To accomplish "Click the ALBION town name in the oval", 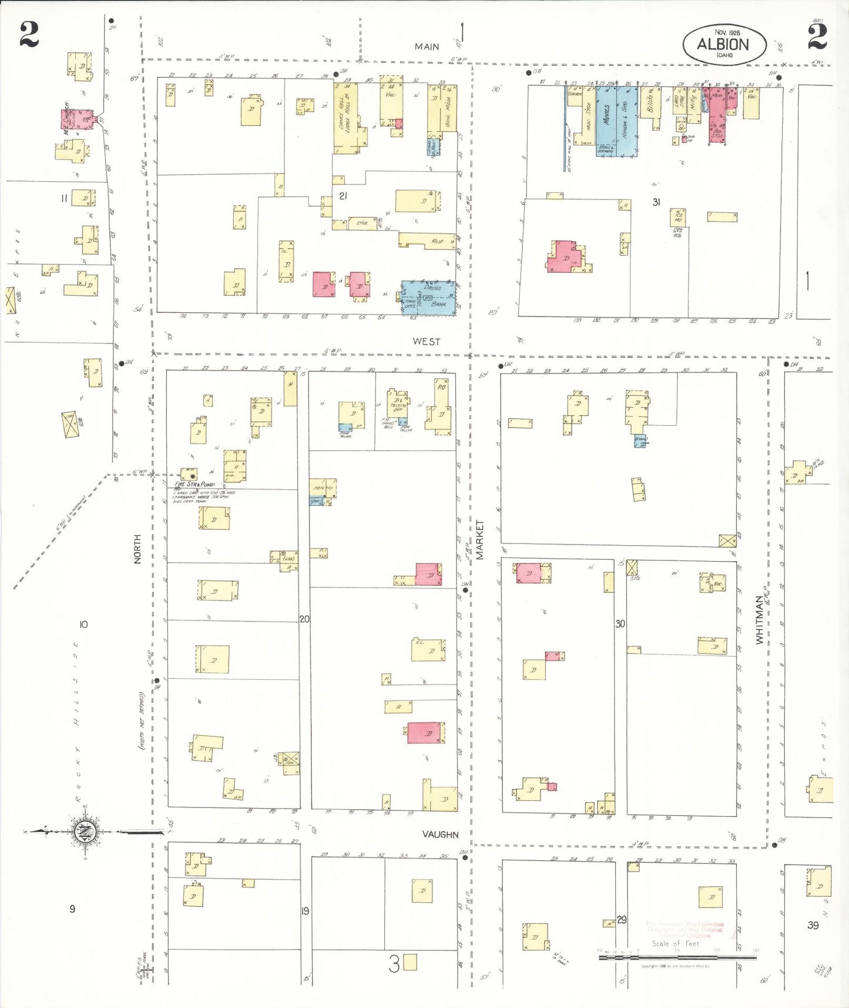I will pyautogui.click(x=723, y=44).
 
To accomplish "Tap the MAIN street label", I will pyautogui.click(x=427, y=46).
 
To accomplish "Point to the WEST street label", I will pyautogui.click(x=426, y=341).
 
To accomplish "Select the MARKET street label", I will pyautogui.click(x=480, y=539).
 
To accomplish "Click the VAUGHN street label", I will pyautogui.click(x=440, y=834).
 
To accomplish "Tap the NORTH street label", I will pyautogui.click(x=137, y=549).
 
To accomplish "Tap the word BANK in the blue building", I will pyautogui.click(x=438, y=304).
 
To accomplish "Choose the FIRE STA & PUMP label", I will pyautogui.click(x=194, y=484).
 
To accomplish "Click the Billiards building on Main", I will pyautogui.click(x=650, y=102).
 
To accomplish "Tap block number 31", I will pyautogui.click(x=656, y=202).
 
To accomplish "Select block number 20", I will pyautogui.click(x=304, y=619).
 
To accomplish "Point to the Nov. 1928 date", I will pyautogui.click(x=727, y=32).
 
